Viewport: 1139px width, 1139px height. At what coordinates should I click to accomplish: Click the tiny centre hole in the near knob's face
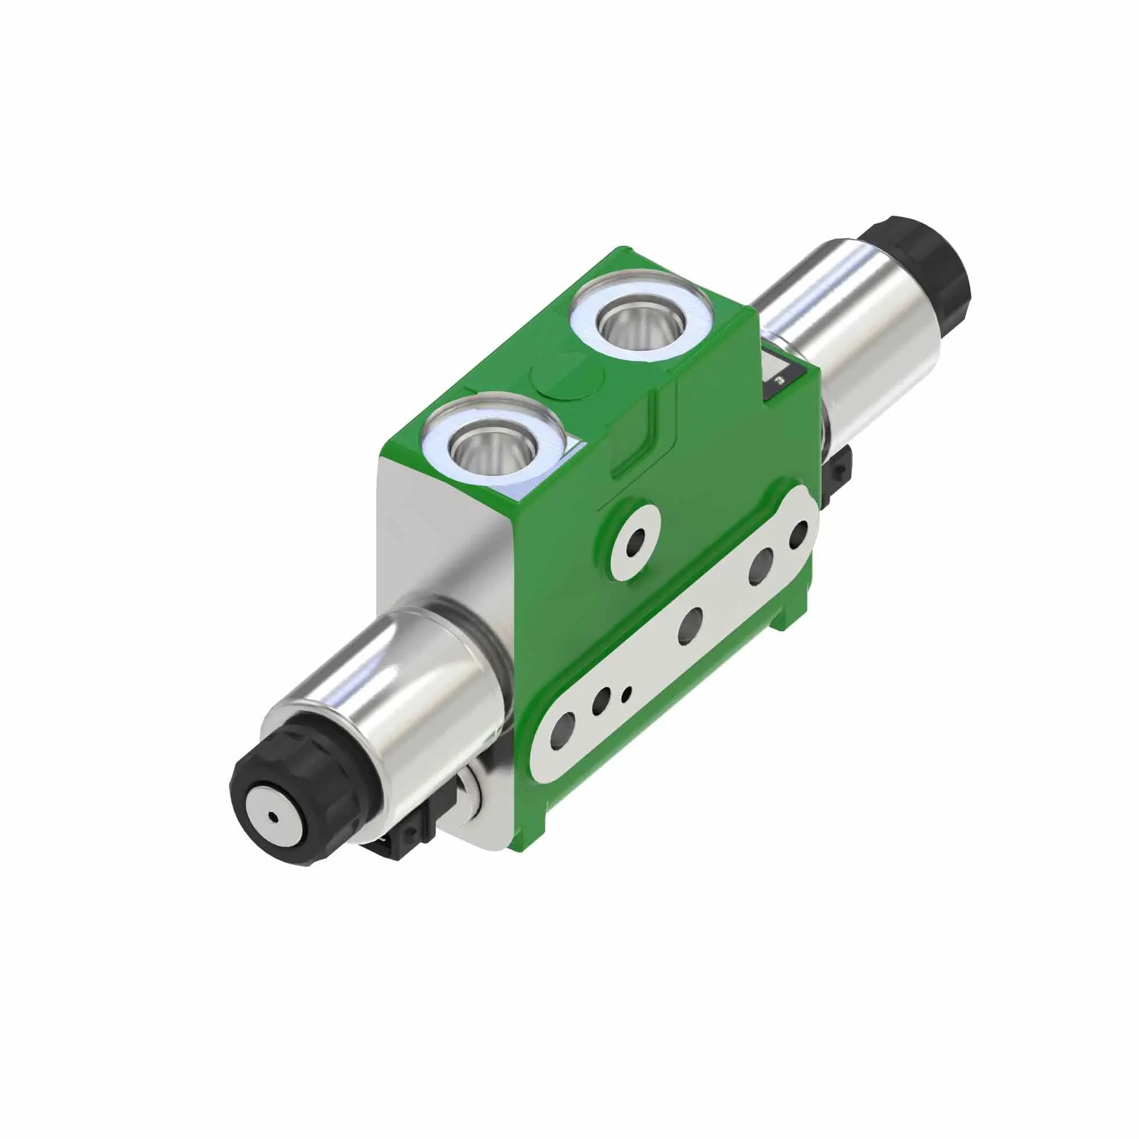[x=273, y=817]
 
